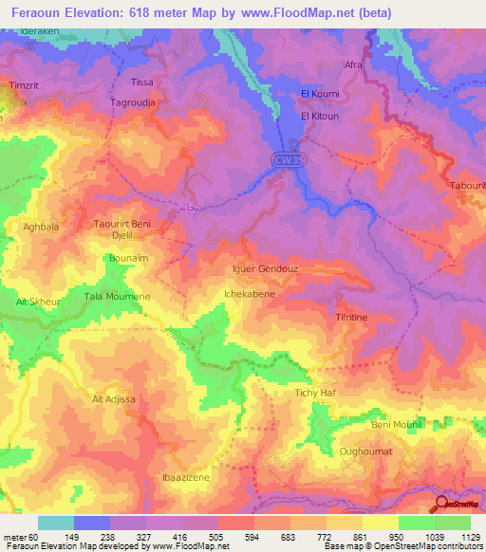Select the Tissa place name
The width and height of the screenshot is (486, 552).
[141, 83]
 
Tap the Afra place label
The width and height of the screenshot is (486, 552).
[353, 65]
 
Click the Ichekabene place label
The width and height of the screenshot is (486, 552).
[249, 294]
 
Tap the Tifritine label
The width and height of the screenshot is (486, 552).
[351, 319]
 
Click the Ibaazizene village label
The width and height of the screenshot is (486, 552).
[185, 477]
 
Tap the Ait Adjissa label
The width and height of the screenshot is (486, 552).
[115, 399]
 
